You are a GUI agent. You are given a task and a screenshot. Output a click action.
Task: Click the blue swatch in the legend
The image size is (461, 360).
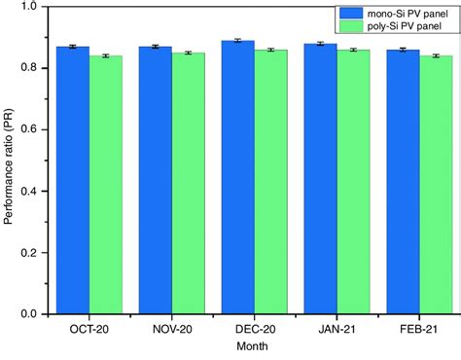[353, 15]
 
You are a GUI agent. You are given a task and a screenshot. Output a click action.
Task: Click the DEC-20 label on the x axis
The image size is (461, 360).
[254, 329]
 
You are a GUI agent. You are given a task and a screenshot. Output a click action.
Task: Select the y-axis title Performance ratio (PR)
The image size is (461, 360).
[9, 161]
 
